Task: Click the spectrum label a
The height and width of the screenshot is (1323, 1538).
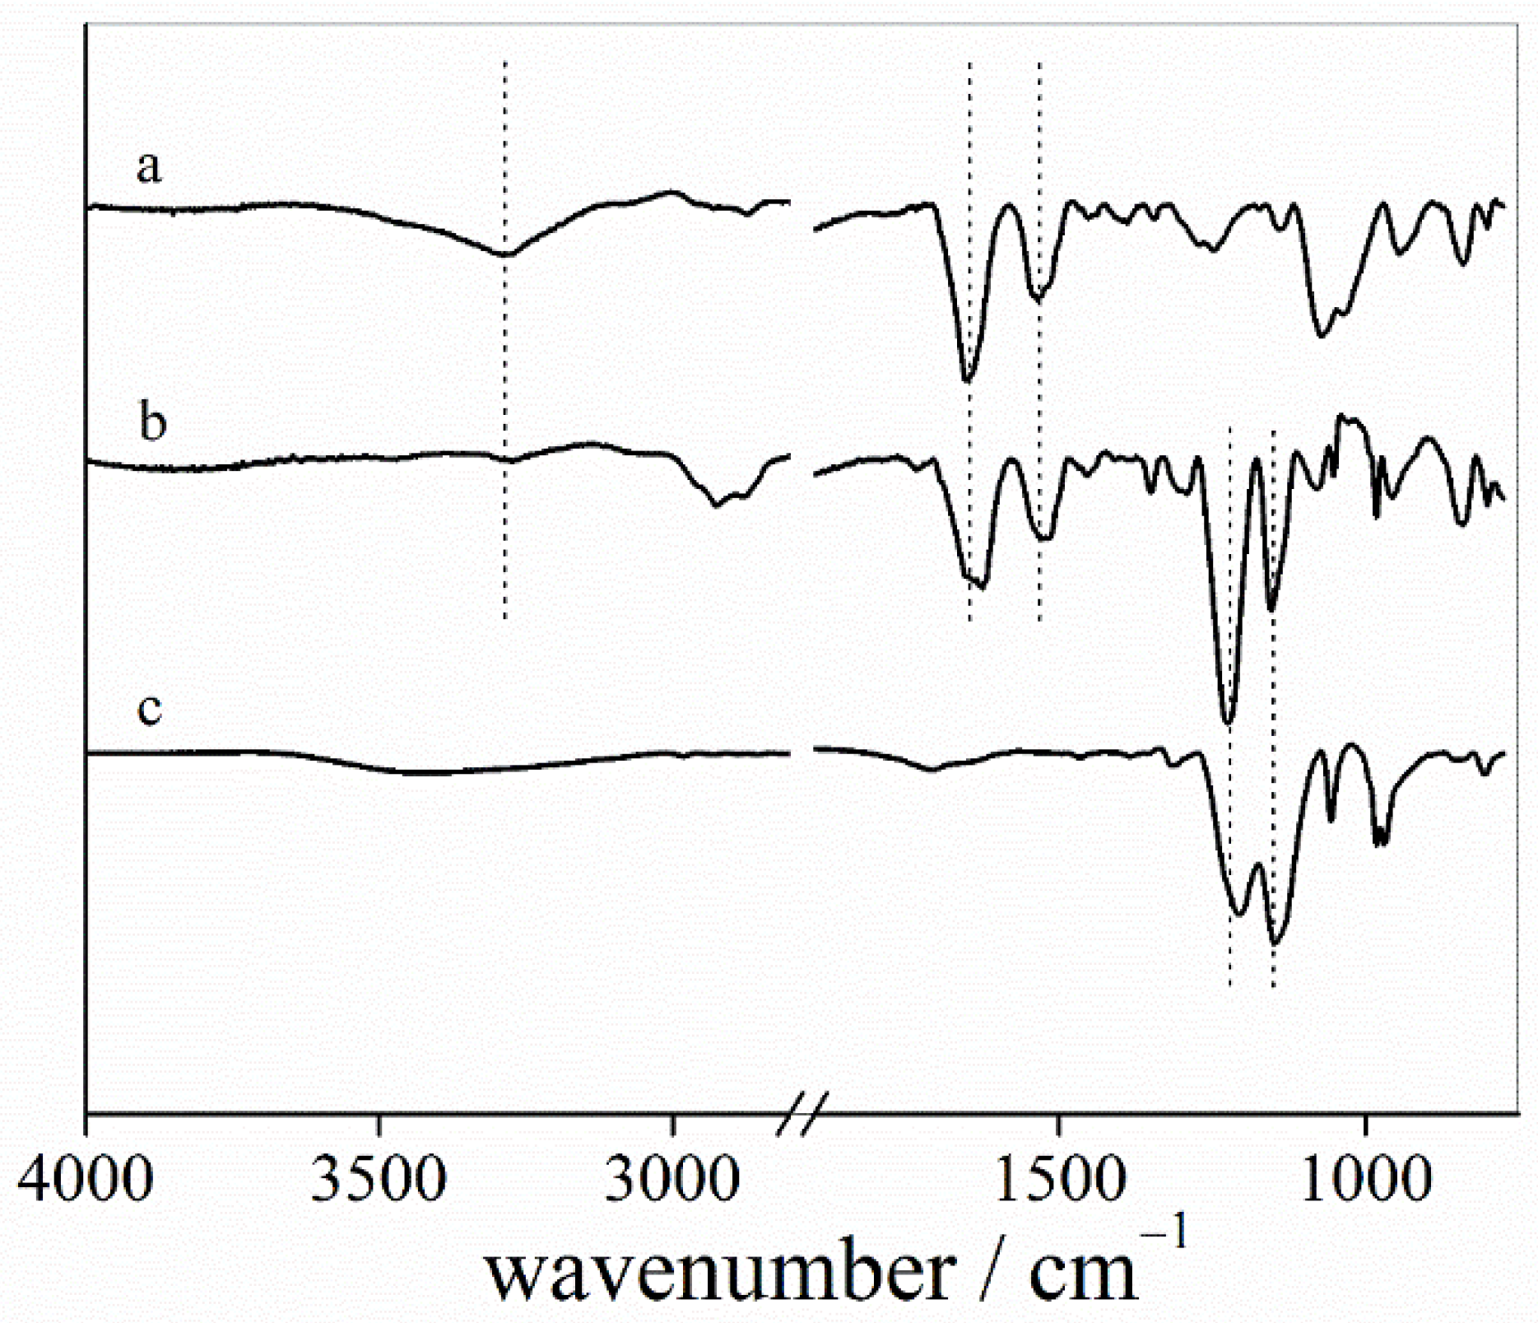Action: pos(149,167)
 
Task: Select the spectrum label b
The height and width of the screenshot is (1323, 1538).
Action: pos(153,422)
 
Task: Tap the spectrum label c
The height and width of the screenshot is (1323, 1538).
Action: pos(149,709)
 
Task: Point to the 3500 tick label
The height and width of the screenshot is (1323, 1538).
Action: pos(379,1179)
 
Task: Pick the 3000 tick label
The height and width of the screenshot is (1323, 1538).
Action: pos(672,1179)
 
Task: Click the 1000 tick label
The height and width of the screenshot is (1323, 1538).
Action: pos(1366,1179)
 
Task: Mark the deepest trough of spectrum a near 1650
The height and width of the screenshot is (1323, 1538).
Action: pos(968,380)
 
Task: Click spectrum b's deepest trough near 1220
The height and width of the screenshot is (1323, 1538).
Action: pos(1228,722)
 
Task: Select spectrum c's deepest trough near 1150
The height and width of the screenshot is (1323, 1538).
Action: pos(1275,943)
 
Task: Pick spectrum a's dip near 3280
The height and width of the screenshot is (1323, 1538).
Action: pos(505,254)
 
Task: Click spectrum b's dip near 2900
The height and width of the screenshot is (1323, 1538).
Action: pos(716,505)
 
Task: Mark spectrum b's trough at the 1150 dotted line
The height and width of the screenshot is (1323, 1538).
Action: pos(1271,609)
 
